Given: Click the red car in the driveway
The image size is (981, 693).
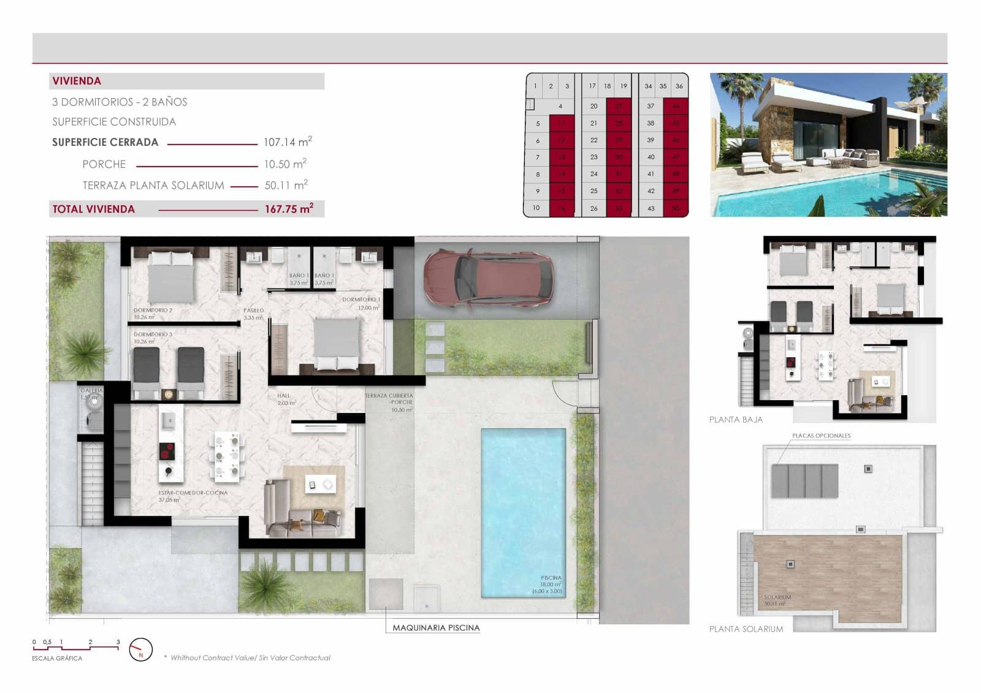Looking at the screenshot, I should (488, 279).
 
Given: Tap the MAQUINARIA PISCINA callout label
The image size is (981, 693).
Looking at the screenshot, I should (436, 627).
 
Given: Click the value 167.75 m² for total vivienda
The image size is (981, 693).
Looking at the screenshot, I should (289, 209).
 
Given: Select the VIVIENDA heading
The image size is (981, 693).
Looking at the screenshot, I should (77, 81).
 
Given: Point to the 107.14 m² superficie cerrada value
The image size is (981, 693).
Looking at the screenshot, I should (288, 142).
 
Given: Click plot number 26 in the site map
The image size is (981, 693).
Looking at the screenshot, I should (594, 208).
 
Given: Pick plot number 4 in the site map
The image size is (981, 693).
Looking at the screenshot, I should (560, 106).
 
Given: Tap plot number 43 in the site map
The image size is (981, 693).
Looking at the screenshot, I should (651, 208).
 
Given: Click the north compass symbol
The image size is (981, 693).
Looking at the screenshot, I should (141, 649).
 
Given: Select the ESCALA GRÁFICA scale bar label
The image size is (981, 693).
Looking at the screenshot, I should (57, 658).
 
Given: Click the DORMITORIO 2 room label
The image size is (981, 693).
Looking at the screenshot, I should (153, 311).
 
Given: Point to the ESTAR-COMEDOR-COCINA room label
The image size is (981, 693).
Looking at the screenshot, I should (193, 493).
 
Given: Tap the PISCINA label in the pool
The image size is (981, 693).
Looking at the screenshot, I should (551, 578).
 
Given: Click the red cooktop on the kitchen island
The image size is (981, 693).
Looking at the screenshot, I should (167, 451).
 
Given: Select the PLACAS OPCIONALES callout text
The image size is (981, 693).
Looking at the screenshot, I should (821, 436).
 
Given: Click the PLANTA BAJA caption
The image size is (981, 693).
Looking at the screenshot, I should (736, 420).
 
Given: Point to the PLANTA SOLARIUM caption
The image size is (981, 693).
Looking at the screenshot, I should (746, 629).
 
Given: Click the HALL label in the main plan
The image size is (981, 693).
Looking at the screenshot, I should (283, 396).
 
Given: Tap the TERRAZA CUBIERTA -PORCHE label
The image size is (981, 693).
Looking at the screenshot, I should (389, 399).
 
